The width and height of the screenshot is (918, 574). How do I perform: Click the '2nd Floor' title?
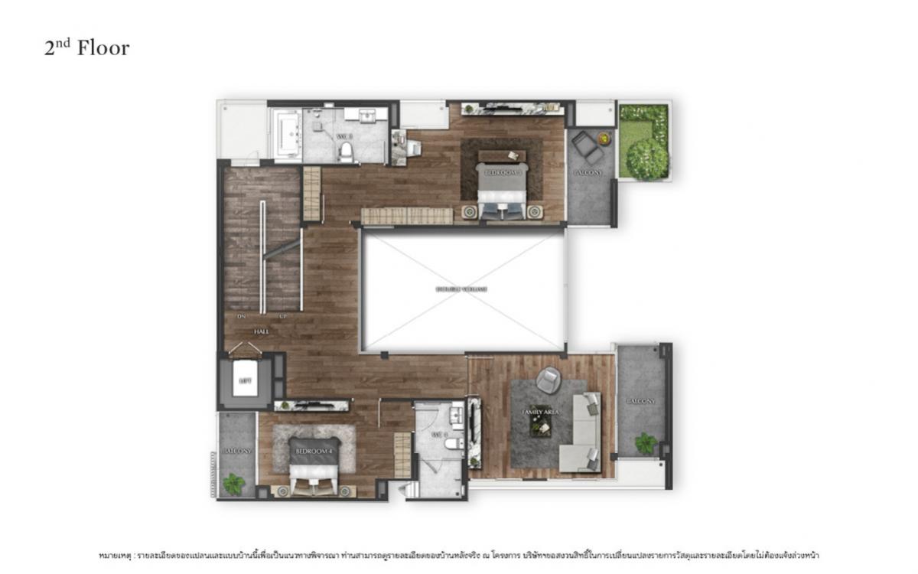point(86,48)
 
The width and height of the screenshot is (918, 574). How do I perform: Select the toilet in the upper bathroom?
point(345,149)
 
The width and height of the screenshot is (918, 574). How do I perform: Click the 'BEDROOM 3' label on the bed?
point(501,174)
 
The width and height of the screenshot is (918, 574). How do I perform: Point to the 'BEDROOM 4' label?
point(314,452)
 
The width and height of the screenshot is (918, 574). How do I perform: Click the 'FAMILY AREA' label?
point(541,412)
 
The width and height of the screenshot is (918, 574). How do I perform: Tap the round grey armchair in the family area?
point(548,380)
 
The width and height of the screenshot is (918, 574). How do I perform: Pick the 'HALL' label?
point(262,331)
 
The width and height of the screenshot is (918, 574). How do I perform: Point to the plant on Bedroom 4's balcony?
point(233,483)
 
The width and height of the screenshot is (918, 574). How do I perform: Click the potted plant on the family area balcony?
point(646,442)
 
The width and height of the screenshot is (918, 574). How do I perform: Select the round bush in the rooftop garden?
point(646,159)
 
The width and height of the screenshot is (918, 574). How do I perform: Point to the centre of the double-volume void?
point(463,290)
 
